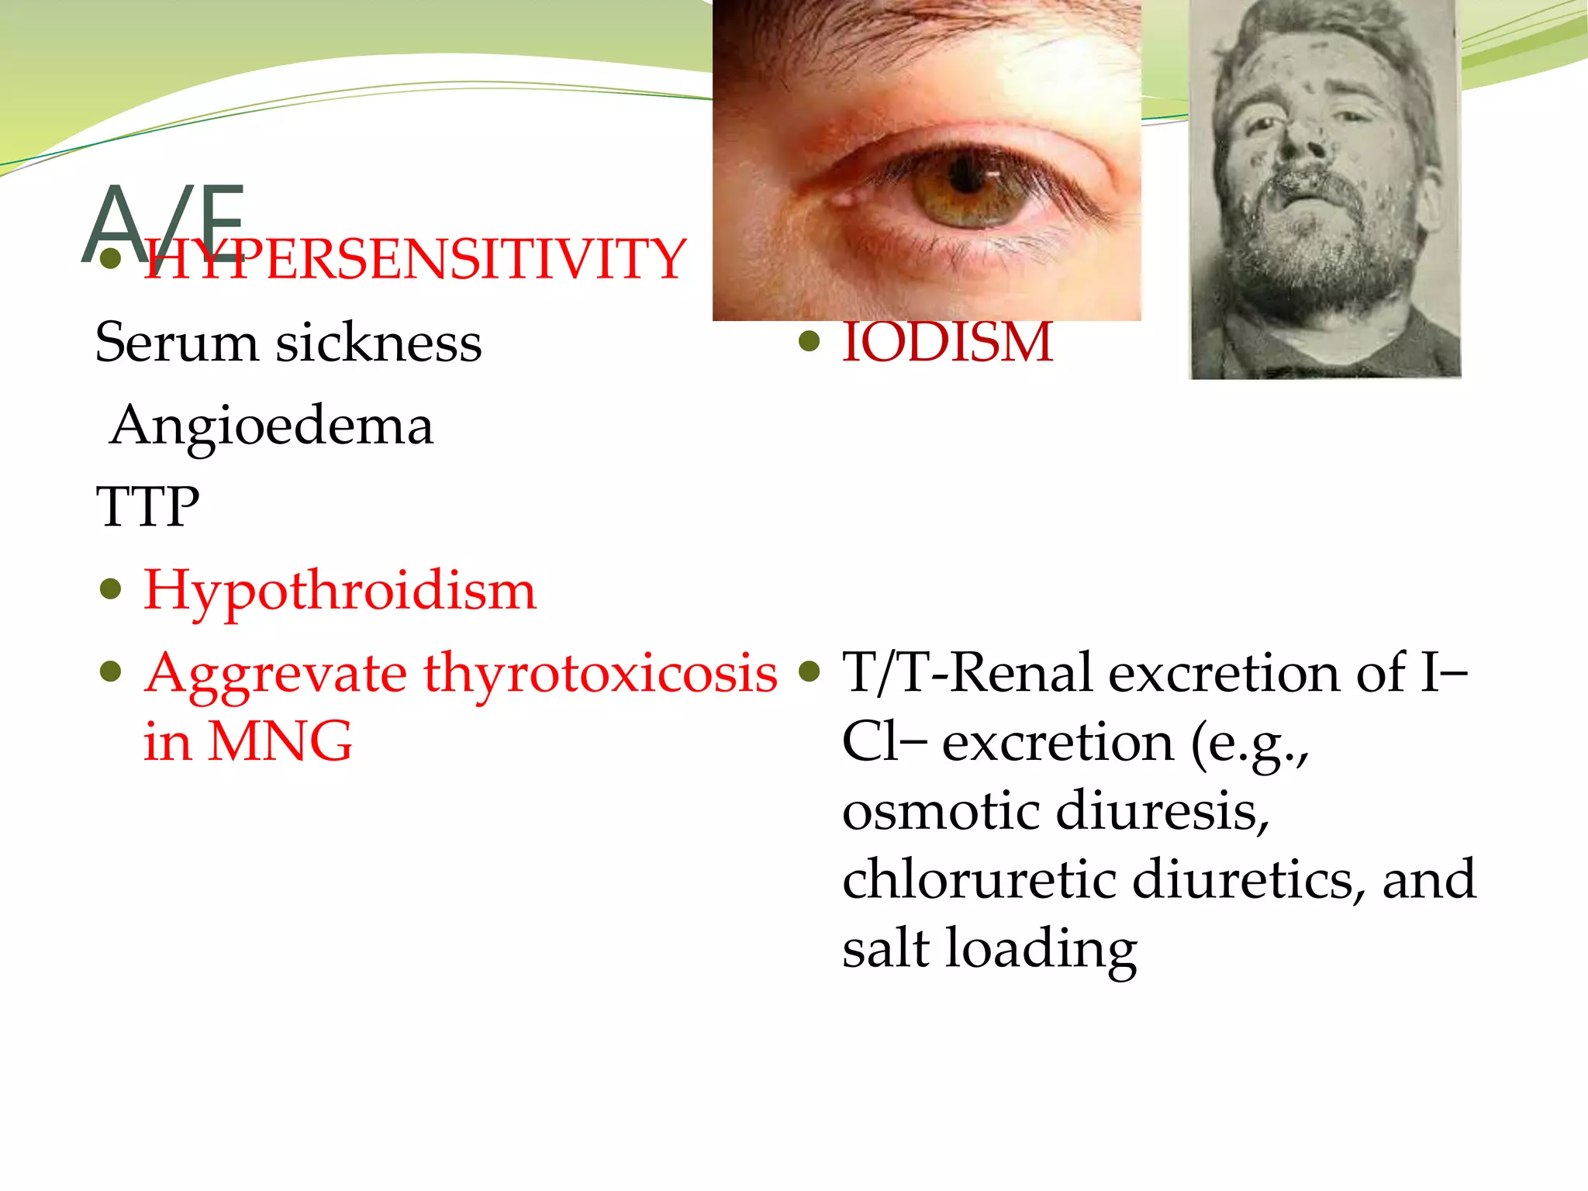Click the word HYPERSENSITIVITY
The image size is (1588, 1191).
(415, 259)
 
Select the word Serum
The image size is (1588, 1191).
(176, 342)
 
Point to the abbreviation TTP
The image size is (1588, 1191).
(147, 507)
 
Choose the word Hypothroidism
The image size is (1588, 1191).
(340, 590)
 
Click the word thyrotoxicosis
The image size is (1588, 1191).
(600, 672)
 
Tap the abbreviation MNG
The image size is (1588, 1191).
(280, 741)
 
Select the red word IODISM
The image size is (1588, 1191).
(948, 342)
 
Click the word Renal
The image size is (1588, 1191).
(1023, 672)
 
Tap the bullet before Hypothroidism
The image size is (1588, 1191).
(112, 589)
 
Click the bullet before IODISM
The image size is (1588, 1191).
(809, 341)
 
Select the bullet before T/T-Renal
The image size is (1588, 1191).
(809, 671)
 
